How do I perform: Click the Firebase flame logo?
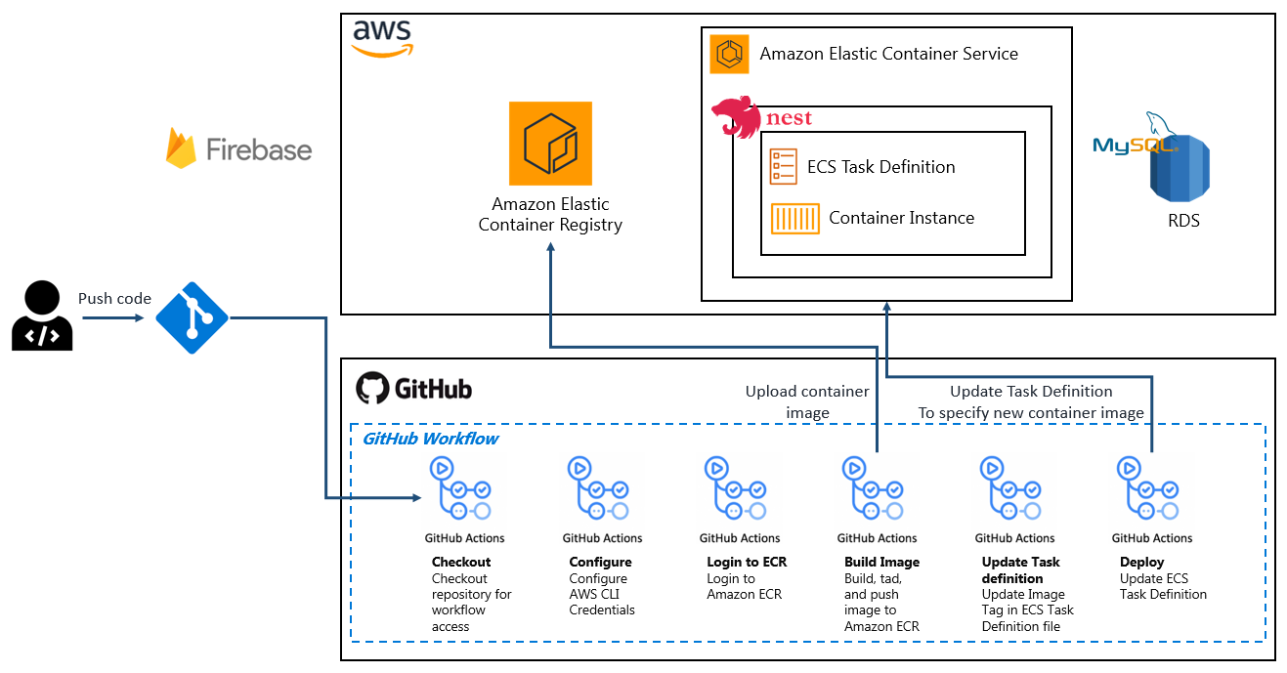tap(182, 148)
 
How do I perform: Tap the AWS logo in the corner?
tap(382, 37)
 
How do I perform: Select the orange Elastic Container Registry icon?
tap(550, 144)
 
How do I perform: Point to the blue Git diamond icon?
tap(192, 317)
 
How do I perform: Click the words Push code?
tap(114, 298)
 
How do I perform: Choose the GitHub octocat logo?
tap(371, 388)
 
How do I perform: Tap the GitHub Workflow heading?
tap(430, 439)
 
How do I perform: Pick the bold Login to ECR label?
tap(747, 562)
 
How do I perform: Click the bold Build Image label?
tap(881, 562)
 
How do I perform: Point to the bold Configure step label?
tap(600, 562)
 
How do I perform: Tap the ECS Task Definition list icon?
tap(783, 166)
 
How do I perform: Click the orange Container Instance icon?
tap(794, 218)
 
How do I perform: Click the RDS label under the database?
tap(1183, 220)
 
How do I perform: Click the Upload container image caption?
tap(807, 401)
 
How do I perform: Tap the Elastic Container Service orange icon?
tap(729, 54)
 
